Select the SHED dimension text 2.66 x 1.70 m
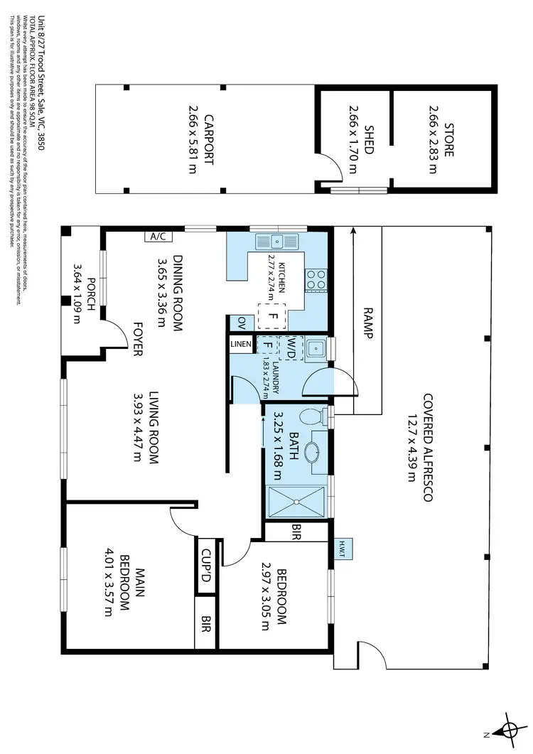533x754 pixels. point(353,139)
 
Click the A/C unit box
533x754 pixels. point(157,237)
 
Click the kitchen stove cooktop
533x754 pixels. point(316,280)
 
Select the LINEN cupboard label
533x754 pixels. point(240,345)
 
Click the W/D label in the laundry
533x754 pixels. point(291,346)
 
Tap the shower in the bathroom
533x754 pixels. point(297,502)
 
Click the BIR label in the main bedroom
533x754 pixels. point(205,623)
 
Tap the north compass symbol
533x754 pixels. point(509,728)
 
